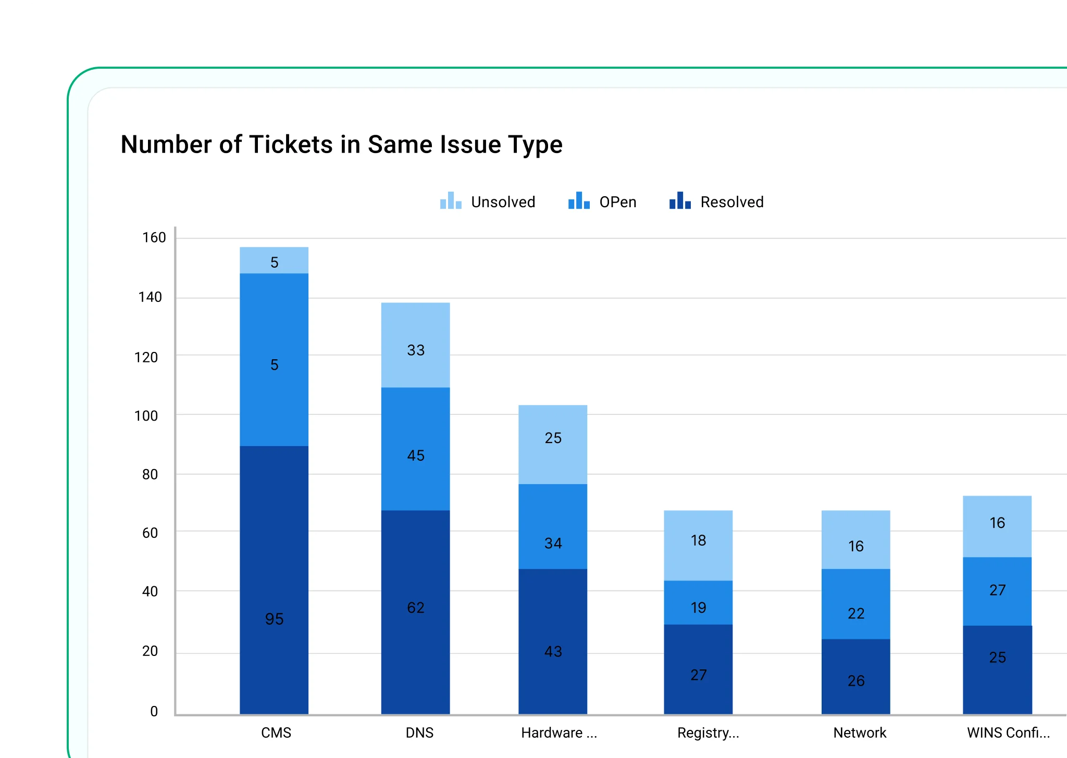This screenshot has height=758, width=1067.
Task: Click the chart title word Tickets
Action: pos(291,145)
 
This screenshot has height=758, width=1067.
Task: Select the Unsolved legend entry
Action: pos(488,202)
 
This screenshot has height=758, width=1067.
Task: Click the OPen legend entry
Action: pos(603,202)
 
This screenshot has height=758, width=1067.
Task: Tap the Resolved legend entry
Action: pos(717,202)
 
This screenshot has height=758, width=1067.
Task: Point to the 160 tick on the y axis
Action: pos(154,238)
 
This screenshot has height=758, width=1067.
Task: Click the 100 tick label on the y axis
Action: pos(146,416)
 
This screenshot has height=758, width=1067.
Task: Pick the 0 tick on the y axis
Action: pos(154,712)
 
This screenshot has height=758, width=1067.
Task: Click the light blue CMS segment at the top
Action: pos(274,260)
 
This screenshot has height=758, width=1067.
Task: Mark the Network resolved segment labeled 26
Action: pos(855,677)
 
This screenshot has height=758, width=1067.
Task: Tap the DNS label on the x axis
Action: pos(419,733)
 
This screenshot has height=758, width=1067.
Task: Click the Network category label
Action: pos(860,733)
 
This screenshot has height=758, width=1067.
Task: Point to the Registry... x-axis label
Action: pos(708,733)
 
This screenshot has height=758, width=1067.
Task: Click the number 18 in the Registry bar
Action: pos(698,540)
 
